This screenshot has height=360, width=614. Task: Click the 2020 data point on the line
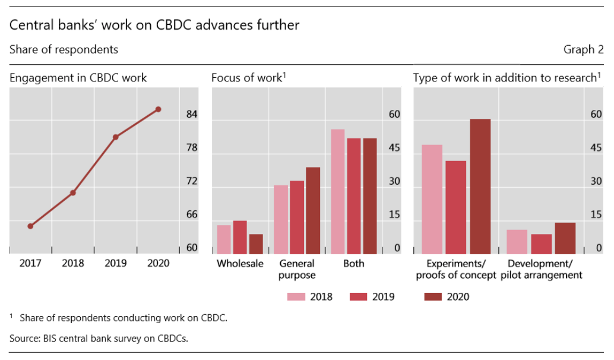158,109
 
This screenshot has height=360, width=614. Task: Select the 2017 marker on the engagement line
30,226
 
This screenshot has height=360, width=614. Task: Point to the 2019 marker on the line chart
116,137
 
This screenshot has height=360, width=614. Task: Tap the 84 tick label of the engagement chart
192,115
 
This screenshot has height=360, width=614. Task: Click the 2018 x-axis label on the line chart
73,264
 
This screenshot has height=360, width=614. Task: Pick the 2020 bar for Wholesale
256,244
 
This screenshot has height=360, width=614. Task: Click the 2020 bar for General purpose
313,210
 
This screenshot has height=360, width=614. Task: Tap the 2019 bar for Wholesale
240,237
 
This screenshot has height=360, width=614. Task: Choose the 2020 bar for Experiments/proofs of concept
480,187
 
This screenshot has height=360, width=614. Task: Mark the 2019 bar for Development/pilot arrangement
542,244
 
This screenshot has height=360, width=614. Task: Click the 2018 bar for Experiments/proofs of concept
432,199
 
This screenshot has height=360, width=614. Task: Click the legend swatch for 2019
360,296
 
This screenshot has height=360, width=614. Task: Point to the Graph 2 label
583,50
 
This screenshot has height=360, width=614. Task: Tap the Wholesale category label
240,264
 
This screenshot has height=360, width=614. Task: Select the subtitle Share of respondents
64,50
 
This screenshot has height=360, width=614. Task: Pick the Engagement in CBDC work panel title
78,78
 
